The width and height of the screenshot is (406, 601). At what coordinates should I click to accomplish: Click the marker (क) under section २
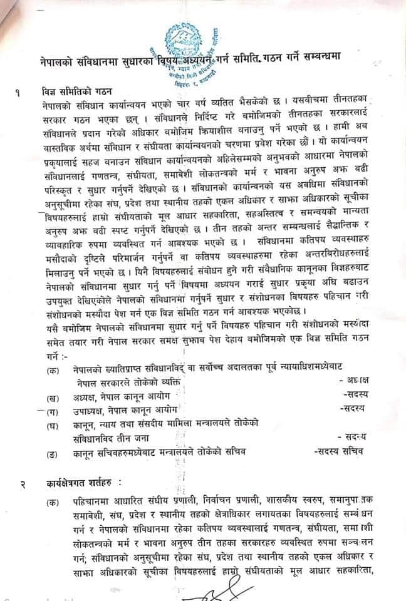click(51, 502)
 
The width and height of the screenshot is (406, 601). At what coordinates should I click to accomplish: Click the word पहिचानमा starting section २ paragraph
click(87, 502)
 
